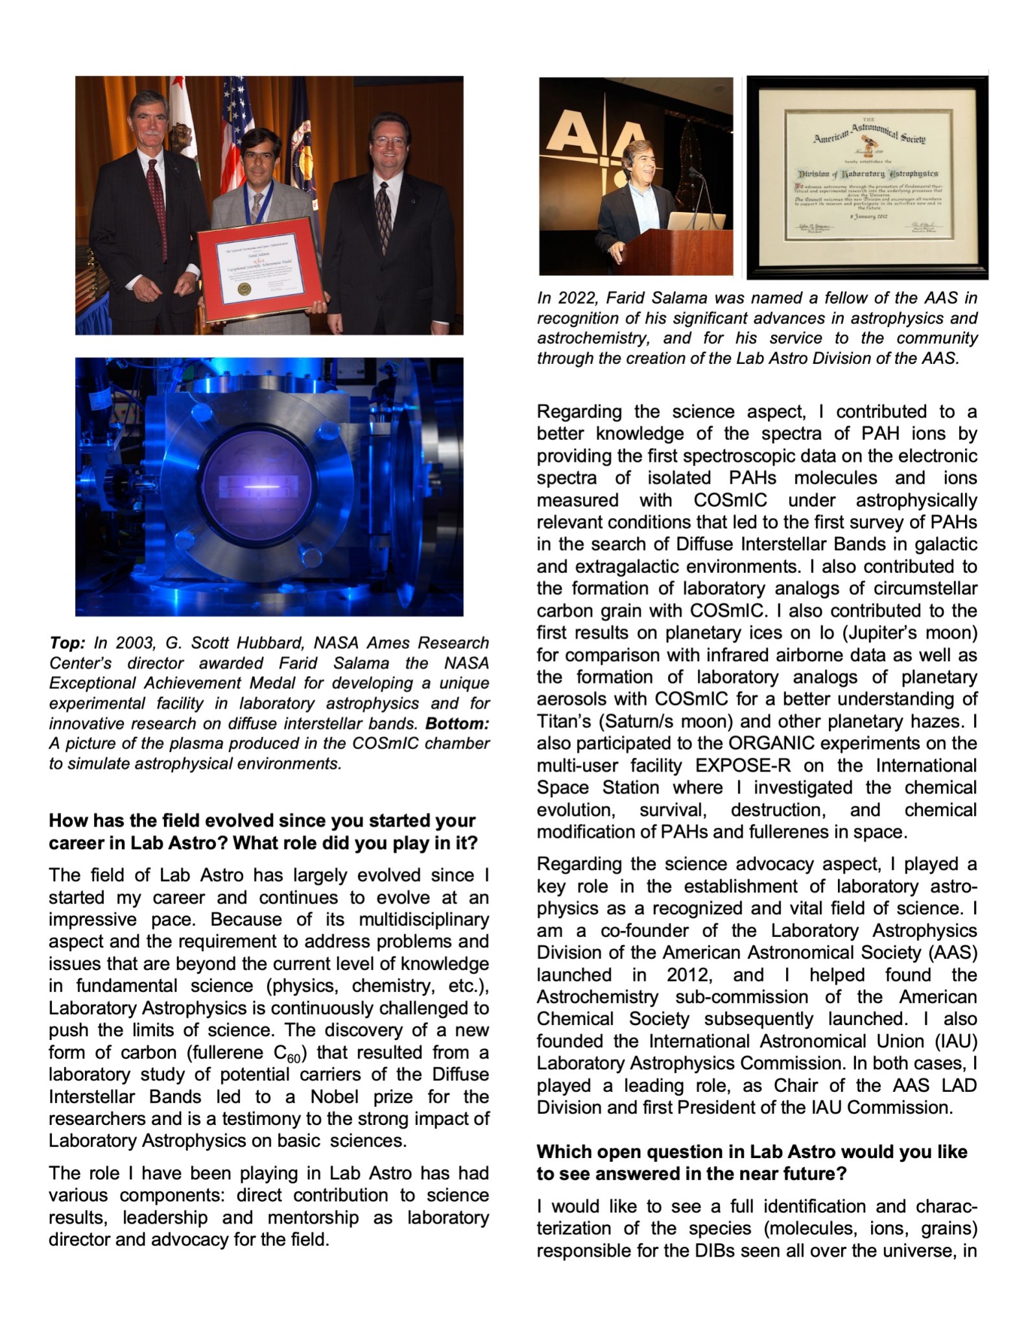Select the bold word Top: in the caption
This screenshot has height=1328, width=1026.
coord(67,643)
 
